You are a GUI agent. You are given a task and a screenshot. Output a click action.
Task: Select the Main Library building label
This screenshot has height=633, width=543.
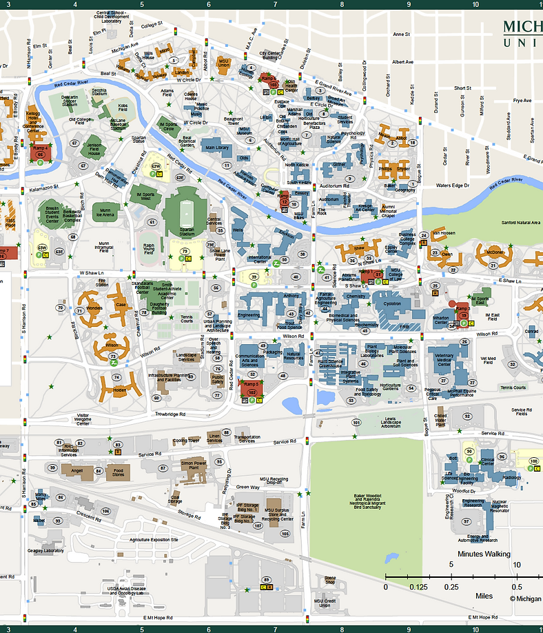pos(216,148)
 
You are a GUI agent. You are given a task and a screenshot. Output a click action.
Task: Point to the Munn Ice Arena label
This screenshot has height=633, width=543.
pos(105,212)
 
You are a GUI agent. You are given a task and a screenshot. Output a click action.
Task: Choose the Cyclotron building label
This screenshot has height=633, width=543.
pos(392,303)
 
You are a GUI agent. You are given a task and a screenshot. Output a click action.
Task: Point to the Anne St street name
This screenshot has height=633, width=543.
pos(401,34)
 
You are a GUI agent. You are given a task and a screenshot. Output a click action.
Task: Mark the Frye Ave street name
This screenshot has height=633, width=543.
pos(522,100)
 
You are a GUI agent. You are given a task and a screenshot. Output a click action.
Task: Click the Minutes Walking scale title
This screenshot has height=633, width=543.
pos(484,554)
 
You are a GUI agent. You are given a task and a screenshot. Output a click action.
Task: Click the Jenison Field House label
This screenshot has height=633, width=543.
pos(94,150)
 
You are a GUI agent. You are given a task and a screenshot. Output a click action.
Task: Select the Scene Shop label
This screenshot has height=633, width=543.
pos(330,581)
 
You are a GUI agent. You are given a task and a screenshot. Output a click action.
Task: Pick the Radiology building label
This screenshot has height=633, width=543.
pos(512,477)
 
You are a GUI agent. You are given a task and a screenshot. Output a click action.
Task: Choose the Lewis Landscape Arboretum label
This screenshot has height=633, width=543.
pos(390,421)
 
